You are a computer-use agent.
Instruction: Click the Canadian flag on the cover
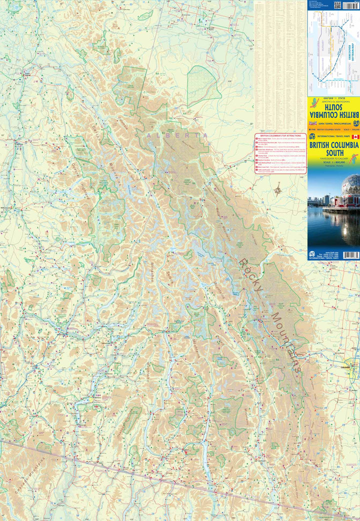click(x=355, y=136)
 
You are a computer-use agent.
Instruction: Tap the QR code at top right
click(x=337, y=5)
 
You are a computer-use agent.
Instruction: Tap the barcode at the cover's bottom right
click(x=351, y=255)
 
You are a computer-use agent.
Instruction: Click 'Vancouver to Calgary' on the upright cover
click(x=333, y=158)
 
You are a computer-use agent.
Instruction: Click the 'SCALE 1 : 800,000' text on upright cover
click(x=333, y=163)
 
